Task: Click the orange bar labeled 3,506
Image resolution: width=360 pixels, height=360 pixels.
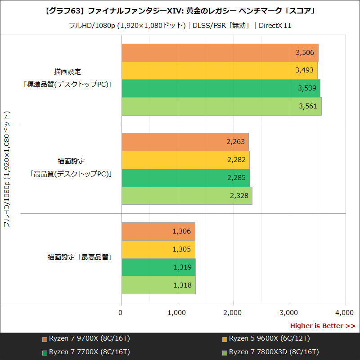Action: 220,53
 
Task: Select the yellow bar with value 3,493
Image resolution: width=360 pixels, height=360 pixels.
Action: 219,71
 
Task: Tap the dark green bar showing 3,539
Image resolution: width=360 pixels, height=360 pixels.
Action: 220,89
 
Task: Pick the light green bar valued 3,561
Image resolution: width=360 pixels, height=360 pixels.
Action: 221,107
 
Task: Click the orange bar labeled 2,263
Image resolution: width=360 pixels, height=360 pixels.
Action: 185,142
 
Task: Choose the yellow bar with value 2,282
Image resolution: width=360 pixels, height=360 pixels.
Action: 185,160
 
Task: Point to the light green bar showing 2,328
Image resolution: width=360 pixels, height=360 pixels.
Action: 187,196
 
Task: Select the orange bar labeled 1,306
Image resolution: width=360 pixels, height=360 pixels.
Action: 158,231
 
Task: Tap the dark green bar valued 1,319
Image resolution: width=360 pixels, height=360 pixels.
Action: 158,267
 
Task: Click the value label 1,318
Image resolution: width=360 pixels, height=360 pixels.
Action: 182,285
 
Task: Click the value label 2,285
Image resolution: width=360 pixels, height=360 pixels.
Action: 237,178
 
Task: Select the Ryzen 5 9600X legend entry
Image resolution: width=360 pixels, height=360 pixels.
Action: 265,338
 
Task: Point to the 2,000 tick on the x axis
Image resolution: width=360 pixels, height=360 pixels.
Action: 233,312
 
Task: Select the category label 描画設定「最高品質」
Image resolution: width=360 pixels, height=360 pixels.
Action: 80,258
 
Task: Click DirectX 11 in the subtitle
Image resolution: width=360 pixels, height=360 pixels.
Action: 275,26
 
